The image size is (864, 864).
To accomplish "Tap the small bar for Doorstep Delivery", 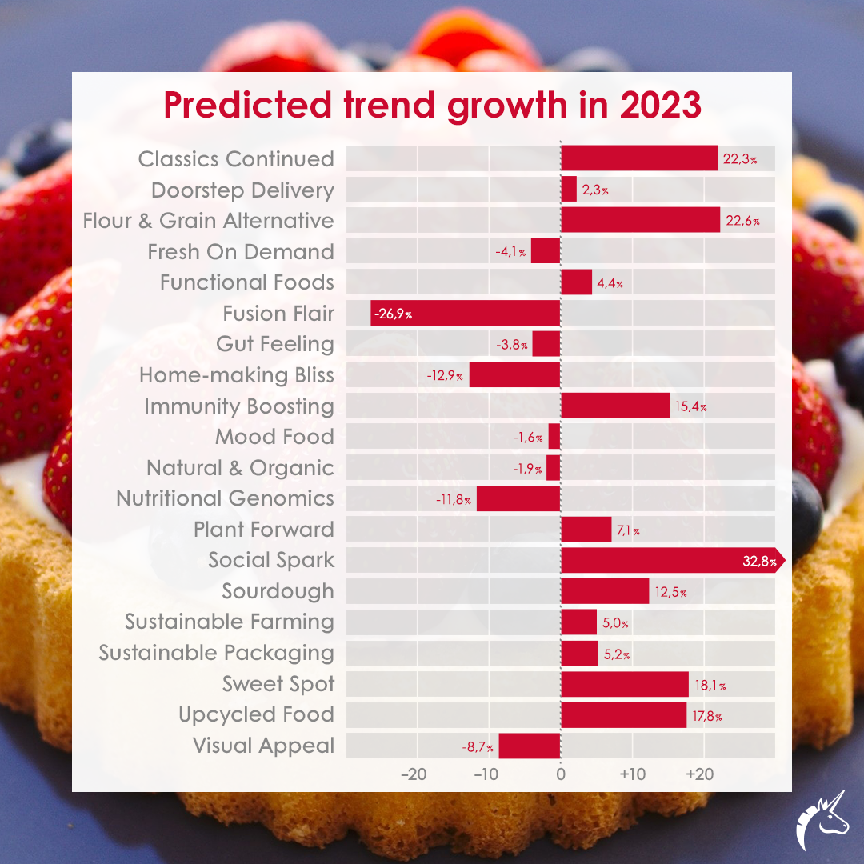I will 569,190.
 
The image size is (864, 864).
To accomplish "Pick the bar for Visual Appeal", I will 530,746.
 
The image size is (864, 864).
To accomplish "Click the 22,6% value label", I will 742,221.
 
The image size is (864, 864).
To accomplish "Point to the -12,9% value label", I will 445,375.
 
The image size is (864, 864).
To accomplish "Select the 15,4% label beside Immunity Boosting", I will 690,406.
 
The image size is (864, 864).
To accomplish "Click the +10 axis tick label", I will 631,774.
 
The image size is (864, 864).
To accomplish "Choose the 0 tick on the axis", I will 560,774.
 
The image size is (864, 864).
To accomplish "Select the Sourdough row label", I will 278,591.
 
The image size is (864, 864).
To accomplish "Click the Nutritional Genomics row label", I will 225,498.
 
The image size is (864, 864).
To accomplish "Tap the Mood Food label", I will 274,437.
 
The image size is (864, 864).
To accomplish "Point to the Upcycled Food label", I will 256,714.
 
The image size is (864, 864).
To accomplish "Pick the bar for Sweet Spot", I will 625,684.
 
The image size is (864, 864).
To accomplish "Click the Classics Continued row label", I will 236,159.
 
